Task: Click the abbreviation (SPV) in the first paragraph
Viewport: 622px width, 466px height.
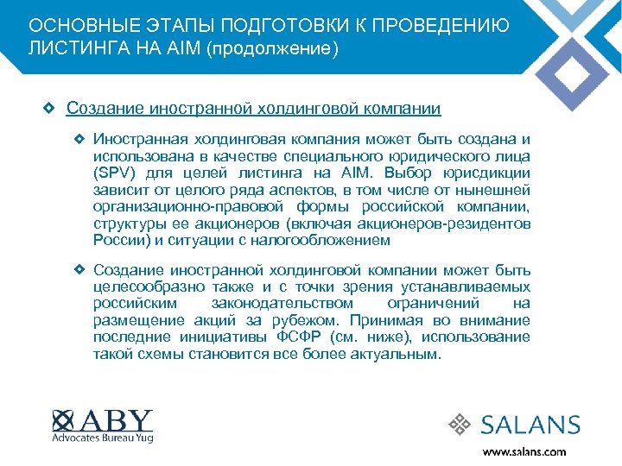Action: [114, 173]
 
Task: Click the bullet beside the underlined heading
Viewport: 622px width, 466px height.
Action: [49, 109]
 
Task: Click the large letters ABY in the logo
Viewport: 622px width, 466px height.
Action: [116, 420]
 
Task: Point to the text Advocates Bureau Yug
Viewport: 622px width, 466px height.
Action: [103, 438]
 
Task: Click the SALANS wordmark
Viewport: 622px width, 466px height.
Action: [530, 425]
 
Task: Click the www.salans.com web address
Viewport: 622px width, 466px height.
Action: [524, 451]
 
